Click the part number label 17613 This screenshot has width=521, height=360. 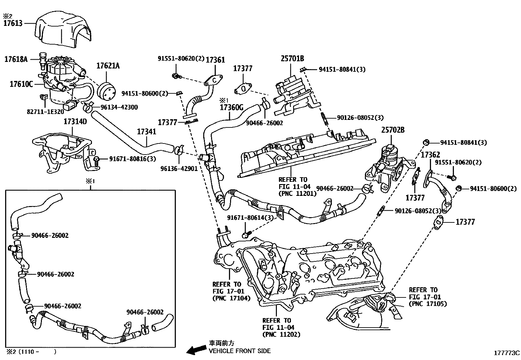pyautogui.click(x=13, y=23)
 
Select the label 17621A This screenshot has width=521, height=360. pyautogui.click(x=108, y=66)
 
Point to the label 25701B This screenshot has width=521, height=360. pyautogui.click(x=292, y=59)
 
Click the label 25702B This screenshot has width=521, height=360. pyautogui.click(x=393, y=130)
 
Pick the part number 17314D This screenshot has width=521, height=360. pyautogui.click(x=75, y=122)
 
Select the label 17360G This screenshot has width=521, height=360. pyautogui.click(x=232, y=107)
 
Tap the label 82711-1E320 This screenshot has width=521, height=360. pyautogui.click(x=45, y=111)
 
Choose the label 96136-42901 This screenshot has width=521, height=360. pyautogui.click(x=179, y=168)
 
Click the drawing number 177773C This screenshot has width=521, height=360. pyautogui.click(x=507, y=353)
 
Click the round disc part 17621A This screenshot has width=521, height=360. pyautogui.click(x=107, y=90)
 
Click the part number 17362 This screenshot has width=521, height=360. pyautogui.click(x=430, y=155)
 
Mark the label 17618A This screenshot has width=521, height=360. pyautogui.click(x=16, y=59)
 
